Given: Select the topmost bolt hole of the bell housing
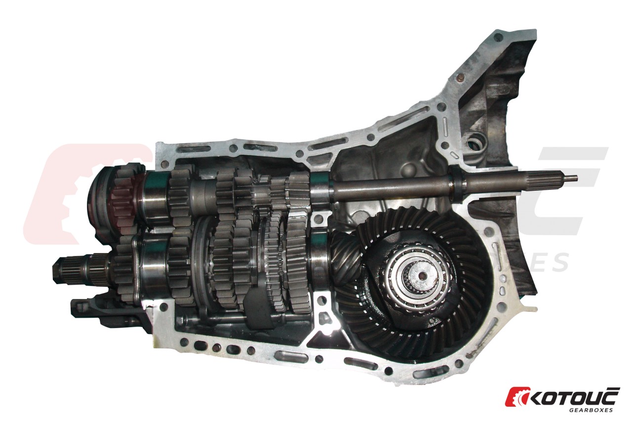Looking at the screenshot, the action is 499,37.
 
